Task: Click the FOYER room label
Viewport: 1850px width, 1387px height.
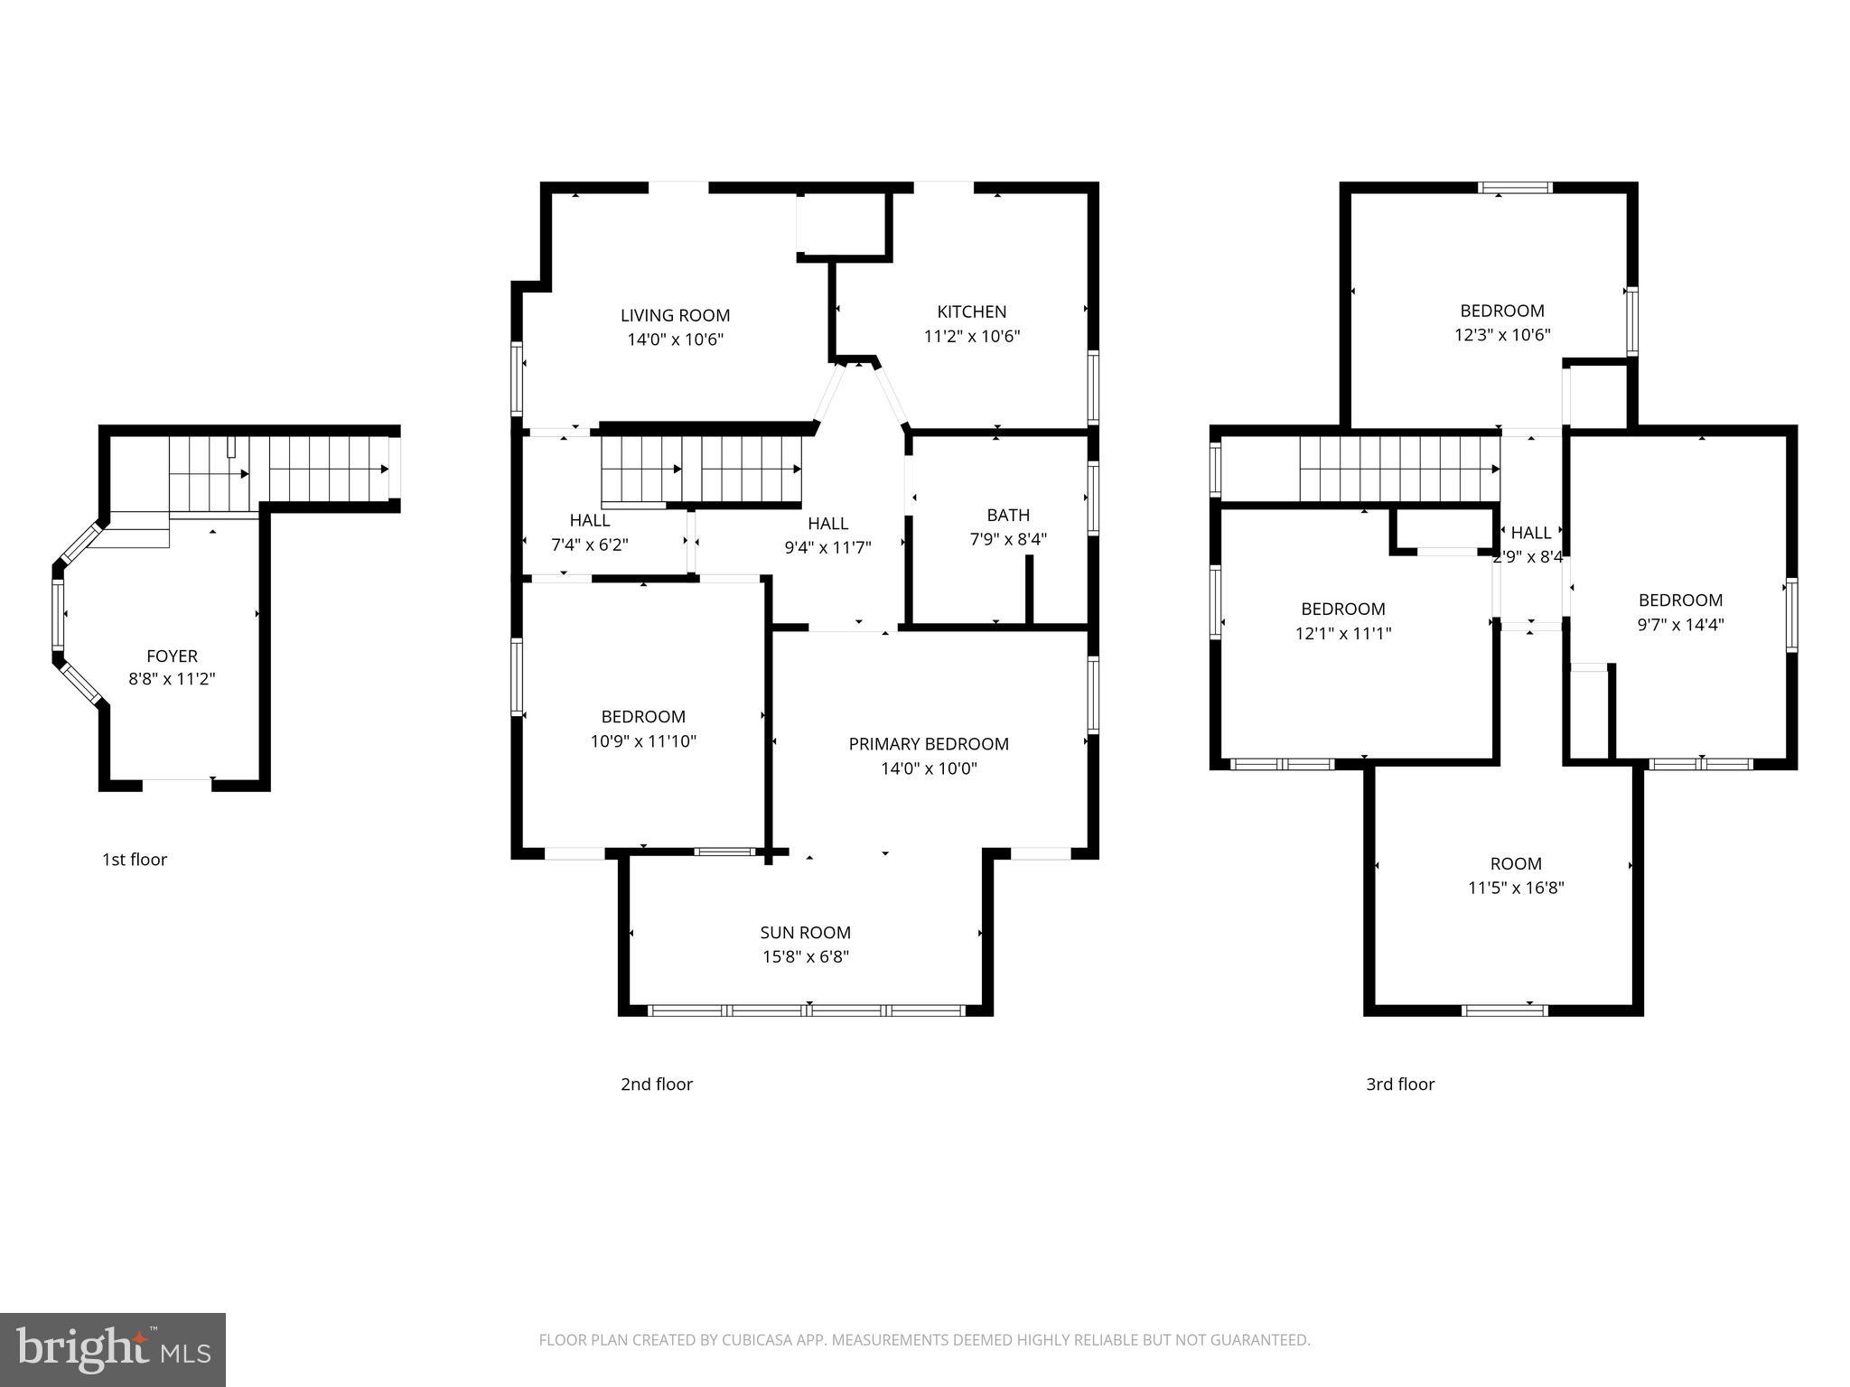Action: click(172, 656)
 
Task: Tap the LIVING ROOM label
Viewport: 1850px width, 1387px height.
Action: click(675, 315)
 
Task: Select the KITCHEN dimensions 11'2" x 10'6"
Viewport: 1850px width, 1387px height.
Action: click(972, 337)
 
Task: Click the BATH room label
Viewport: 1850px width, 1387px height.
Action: click(1008, 515)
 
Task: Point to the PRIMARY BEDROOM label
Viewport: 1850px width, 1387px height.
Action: click(929, 744)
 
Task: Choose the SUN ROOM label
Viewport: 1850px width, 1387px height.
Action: click(805, 933)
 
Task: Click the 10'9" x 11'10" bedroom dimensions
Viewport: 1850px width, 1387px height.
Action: click(643, 741)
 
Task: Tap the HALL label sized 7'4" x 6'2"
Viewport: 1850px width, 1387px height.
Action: click(589, 521)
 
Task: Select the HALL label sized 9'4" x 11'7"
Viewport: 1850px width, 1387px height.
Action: click(827, 524)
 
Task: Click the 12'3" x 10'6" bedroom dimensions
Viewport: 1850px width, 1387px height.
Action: click(1502, 335)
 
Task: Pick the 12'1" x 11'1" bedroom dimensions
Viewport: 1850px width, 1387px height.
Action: click(1343, 634)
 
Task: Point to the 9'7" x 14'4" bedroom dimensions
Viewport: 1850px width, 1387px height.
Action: click(1680, 625)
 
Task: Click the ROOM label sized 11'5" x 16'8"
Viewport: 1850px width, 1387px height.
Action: click(1516, 864)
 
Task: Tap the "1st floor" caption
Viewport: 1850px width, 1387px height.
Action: click(135, 860)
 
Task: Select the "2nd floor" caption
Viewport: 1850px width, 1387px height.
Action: click(657, 1084)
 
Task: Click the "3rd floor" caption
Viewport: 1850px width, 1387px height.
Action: click(1400, 1084)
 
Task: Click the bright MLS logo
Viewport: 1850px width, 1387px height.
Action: click(113, 1349)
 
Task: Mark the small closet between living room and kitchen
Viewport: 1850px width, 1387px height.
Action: click(843, 223)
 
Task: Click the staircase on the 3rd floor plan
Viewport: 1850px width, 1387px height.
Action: click(1398, 469)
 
